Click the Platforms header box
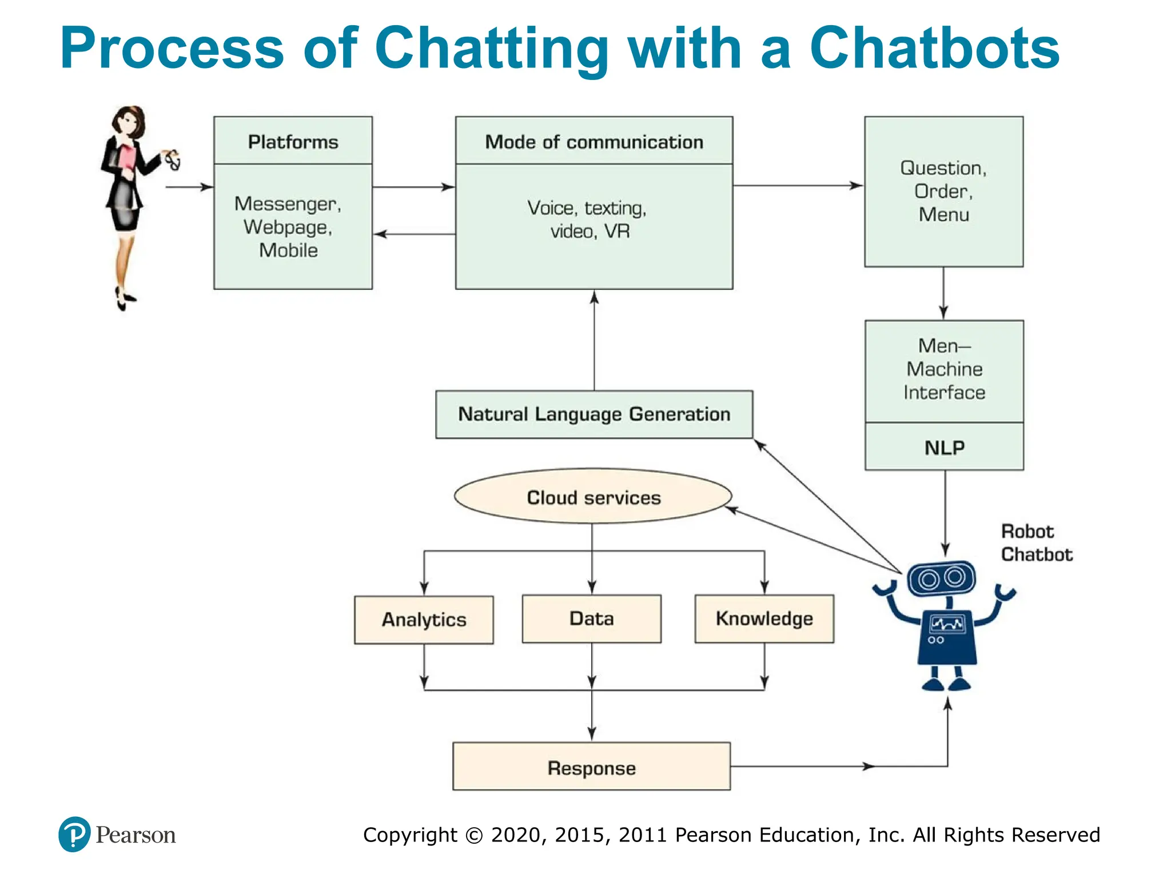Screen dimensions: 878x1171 (293, 141)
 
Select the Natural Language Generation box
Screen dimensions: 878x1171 (594, 414)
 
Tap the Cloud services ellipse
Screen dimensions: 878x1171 (593, 497)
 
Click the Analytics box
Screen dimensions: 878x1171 (424, 620)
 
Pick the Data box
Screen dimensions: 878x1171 (591, 618)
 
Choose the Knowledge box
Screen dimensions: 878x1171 (764, 618)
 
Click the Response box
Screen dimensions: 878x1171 (591, 767)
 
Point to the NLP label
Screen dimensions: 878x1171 (944, 448)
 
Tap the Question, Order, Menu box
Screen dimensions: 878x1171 (943, 191)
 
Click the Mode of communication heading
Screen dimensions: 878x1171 (594, 142)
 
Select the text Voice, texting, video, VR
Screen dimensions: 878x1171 (588, 219)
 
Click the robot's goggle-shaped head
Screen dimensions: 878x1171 (941, 578)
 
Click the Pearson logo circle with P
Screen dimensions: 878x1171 (74, 835)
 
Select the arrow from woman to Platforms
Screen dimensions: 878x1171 (189, 187)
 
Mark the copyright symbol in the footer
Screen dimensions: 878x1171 (474, 835)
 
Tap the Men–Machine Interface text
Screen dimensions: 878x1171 (944, 369)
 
